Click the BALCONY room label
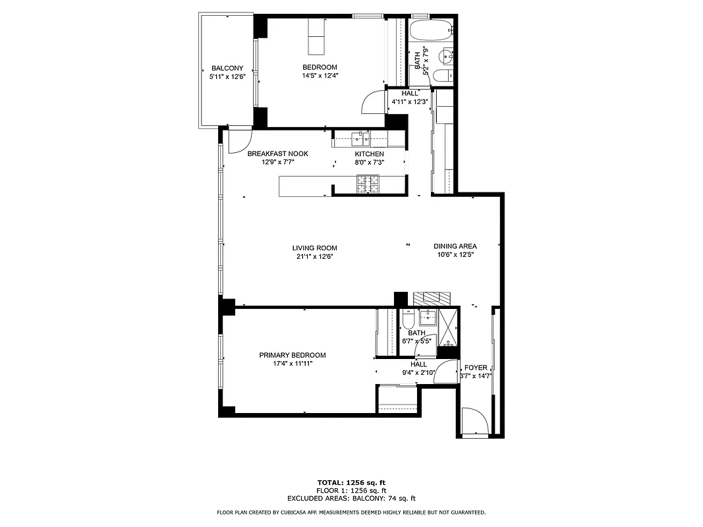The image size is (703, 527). click(x=227, y=69)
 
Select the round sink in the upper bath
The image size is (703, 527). click(x=446, y=55)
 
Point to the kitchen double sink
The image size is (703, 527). click(x=360, y=138)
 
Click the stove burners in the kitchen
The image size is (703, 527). click(x=368, y=184)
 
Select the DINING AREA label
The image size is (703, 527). click(x=455, y=246)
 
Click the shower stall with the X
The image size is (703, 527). click(x=448, y=325)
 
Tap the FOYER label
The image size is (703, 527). click(x=476, y=368)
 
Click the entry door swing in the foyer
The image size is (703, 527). click(x=474, y=422)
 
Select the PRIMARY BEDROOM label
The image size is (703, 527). click(x=292, y=355)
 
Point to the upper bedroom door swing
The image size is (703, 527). click(x=374, y=103)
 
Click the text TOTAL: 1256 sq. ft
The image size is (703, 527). click(x=351, y=483)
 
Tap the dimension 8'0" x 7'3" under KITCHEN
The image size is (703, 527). click(x=369, y=162)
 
